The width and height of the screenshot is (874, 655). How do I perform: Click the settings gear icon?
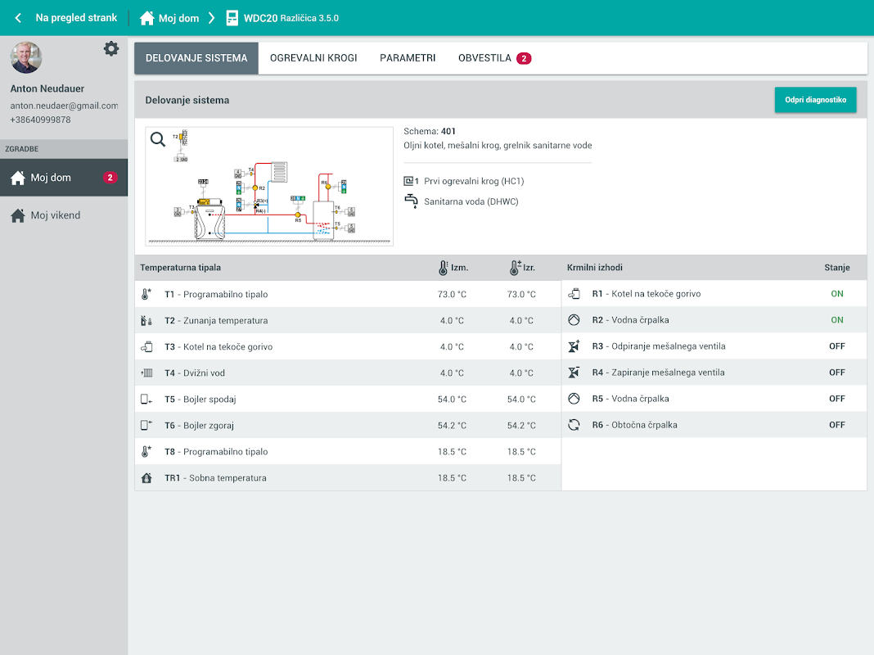click(111, 49)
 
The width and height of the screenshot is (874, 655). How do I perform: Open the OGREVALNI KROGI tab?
click(313, 58)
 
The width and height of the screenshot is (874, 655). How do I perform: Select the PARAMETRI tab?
click(408, 58)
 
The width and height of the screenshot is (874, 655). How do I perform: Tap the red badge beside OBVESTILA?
click(524, 58)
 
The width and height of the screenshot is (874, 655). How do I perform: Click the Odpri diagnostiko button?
click(815, 100)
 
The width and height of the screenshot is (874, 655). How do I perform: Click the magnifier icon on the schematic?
click(158, 139)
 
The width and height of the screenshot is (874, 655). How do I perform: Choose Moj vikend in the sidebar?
click(55, 215)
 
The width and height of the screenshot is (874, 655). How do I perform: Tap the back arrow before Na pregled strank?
click(18, 18)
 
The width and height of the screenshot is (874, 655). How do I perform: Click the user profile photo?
click(26, 57)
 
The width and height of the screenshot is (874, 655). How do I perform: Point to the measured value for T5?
click(452, 400)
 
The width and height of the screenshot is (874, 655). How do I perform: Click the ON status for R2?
click(836, 320)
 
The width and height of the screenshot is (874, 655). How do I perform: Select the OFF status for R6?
click(836, 425)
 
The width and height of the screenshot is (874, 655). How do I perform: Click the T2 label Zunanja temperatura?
click(215, 321)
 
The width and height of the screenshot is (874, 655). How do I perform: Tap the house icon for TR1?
click(146, 478)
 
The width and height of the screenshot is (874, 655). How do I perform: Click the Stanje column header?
click(836, 268)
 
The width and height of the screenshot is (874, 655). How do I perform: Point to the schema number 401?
click(448, 131)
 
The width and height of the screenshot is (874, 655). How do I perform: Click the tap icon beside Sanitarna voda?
click(411, 201)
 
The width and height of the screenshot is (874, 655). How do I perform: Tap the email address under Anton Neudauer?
click(64, 106)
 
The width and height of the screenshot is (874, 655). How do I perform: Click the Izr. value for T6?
click(521, 426)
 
